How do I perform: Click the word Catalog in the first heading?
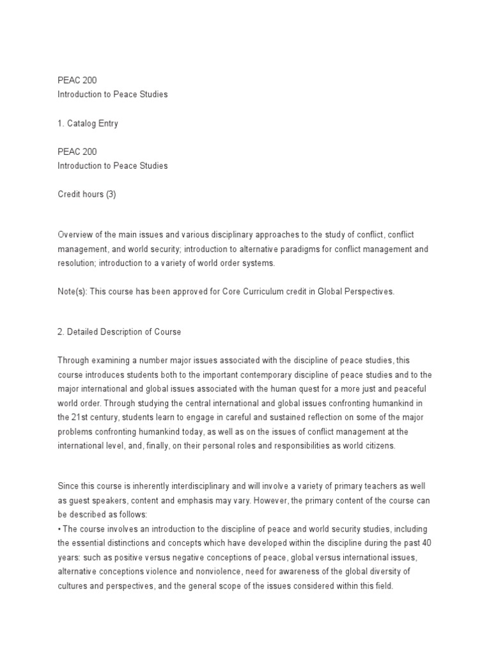81,124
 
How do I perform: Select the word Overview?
75,235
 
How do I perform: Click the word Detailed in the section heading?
84,331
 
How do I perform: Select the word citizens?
377,446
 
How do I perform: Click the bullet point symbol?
59,529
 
